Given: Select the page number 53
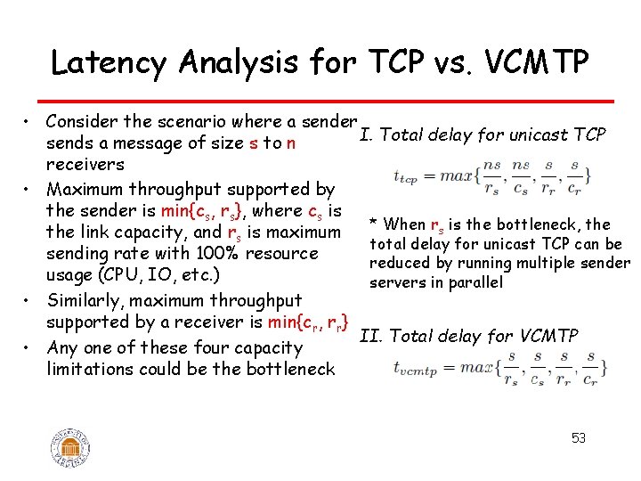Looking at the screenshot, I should [x=578, y=438].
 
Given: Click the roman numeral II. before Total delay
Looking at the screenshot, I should [x=371, y=336].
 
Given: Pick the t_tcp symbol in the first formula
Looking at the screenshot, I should [x=406, y=177].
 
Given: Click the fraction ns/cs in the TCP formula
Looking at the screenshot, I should [x=520, y=176].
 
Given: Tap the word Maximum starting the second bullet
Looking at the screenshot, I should [x=86, y=189].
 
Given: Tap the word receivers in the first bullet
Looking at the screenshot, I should [x=85, y=165].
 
